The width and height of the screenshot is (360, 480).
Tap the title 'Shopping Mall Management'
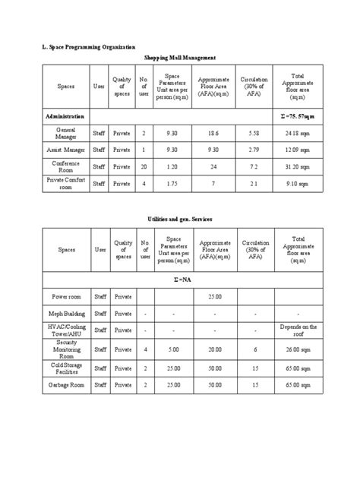[x=180, y=58]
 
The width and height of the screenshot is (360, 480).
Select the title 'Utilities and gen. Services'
[x=180, y=219]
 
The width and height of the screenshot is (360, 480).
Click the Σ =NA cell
[x=180, y=278]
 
